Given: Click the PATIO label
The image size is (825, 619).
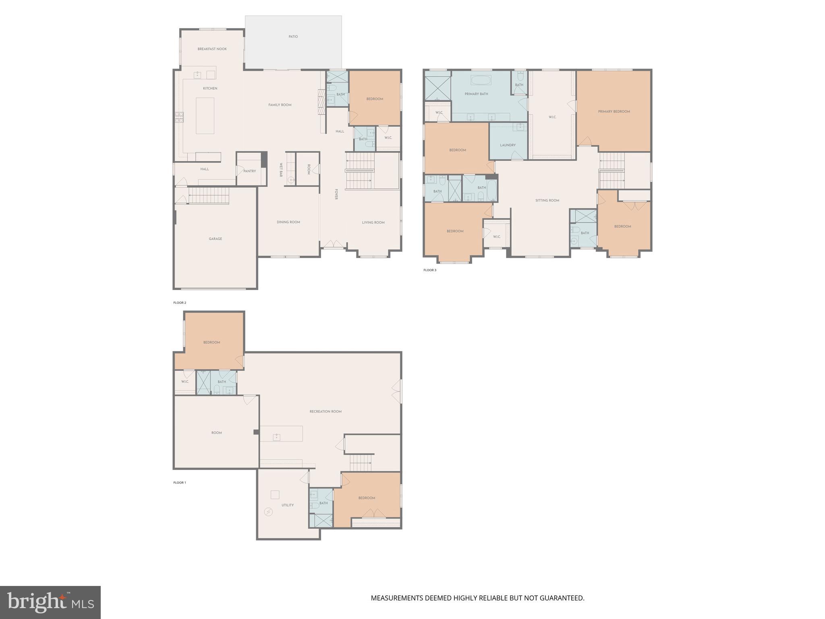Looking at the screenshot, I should [x=293, y=37].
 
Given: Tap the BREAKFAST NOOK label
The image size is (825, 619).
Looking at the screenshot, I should [x=212, y=49].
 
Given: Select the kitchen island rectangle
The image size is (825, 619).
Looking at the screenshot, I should [x=205, y=116].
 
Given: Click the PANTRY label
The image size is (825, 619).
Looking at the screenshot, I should [x=249, y=171].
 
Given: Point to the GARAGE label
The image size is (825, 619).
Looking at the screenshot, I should [x=215, y=239].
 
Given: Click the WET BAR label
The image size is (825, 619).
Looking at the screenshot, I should [x=281, y=170].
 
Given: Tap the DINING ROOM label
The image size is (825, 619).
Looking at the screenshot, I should [x=288, y=222].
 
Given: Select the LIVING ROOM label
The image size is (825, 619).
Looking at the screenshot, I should [x=373, y=222].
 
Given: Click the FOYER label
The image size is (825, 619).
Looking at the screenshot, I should [x=336, y=194].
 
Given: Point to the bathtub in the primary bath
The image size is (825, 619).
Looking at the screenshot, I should [x=481, y=80].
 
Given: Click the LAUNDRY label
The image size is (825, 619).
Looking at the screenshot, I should [x=508, y=145].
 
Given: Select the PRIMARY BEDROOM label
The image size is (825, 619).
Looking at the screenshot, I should [x=614, y=112].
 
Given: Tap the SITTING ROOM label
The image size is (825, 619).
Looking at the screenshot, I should [x=547, y=200].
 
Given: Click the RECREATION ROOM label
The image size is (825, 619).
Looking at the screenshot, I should [x=325, y=411].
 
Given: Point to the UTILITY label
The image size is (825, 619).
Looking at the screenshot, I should [x=288, y=505].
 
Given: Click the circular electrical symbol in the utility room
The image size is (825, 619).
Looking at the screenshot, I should [x=268, y=512].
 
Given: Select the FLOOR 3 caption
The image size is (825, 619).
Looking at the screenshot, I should [x=429, y=270].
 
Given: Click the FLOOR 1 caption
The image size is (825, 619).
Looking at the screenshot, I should [x=180, y=482].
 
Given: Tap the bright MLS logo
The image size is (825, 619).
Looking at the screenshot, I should [x=50, y=602].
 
